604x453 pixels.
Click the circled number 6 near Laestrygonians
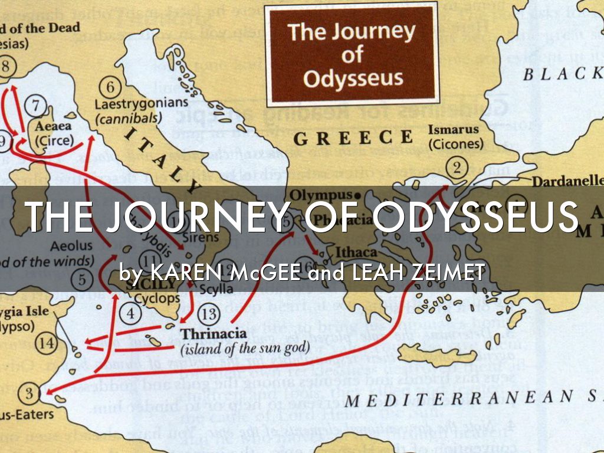pyautogui.click(x=110, y=87)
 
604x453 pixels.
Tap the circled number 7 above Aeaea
pyautogui.click(x=37, y=107)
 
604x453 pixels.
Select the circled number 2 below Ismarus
pyautogui.click(x=456, y=168)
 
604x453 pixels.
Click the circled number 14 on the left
pyautogui.click(x=46, y=343)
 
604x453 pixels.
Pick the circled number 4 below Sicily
pyautogui.click(x=130, y=313)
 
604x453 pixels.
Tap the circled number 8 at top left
pyautogui.click(x=5, y=65)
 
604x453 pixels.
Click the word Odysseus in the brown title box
pyautogui.click(x=353, y=78)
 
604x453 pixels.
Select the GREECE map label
pyautogui.click(x=353, y=138)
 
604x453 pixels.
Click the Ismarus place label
pyautogui.click(x=454, y=129)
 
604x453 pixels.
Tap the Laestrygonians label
pyautogui.click(x=142, y=103)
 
